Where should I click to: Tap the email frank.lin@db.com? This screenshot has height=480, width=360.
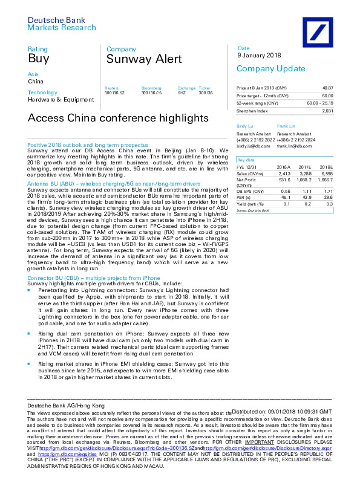click(290, 146)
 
